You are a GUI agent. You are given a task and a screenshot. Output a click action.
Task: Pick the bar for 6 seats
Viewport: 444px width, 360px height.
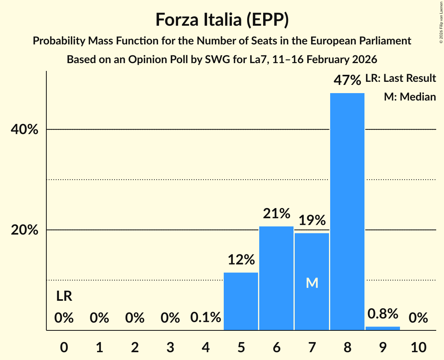click(276, 278)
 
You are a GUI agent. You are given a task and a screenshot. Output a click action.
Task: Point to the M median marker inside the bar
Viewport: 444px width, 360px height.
click(312, 283)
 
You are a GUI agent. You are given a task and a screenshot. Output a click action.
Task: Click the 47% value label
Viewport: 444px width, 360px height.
click(347, 80)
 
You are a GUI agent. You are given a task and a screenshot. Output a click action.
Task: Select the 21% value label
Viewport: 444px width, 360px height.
click(276, 214)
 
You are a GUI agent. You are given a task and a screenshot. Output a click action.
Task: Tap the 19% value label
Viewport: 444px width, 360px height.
click(312, 221)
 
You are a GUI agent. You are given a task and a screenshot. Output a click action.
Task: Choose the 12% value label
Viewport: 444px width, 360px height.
click(241, 259)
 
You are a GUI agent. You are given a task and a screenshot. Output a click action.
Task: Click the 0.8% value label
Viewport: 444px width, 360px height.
click(382, 314)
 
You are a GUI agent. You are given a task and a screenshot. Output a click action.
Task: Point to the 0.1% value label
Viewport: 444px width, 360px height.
click(205, 318)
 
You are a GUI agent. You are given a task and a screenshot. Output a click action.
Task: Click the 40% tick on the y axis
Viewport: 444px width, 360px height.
click(24, 130)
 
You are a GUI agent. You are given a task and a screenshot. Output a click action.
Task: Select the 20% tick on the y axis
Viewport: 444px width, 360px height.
click(24, 230)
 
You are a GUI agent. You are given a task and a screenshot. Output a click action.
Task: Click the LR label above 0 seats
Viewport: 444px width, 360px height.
click(64, 296)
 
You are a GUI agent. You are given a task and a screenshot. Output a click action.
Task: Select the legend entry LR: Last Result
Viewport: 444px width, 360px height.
click(400, 78)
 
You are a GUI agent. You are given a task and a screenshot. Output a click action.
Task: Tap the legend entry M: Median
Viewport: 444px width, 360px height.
click(410, 97)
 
